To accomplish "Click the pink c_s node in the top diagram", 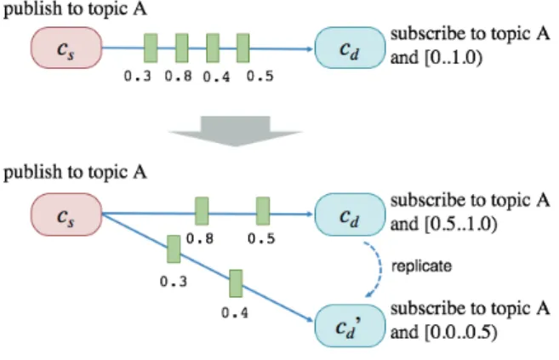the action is click(x=66, y=48).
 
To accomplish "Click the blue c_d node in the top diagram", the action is click(x=350, y=48).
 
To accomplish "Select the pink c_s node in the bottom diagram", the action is click(x=66, y=214).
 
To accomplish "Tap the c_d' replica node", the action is click(x=350, y=326).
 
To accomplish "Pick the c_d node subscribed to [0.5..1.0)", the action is click(x=350, y=214).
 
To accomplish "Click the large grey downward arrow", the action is click(x=236, y=131).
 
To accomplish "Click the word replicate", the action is click(x=421, y=266).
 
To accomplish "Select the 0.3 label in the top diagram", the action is click(x=138, y=77).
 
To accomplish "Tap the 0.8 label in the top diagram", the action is click(x=179, y=77).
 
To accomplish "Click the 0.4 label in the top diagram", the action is click(x=216, y=77).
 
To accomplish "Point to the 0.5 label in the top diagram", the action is click(x=260, y=77).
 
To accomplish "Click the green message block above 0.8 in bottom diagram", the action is click(x=202, y=211).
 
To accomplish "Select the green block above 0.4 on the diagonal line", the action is click(x=236, y=283).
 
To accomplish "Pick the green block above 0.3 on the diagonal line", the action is click(x=174, y=249).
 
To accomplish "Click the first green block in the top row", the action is click(x=151, y=49).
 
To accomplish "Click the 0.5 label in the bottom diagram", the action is click(x=261, y=239).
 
